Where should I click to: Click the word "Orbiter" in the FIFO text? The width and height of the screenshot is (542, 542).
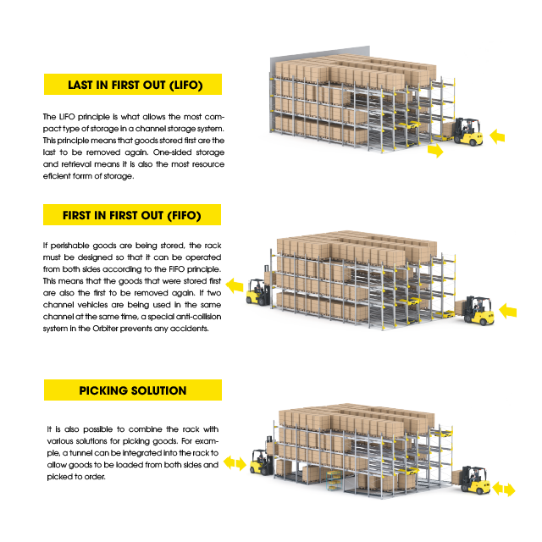[x=105, y=329]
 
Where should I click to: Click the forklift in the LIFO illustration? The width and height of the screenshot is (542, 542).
[x=467, y=132]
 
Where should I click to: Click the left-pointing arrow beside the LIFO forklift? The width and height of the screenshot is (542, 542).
[x=497, y=136]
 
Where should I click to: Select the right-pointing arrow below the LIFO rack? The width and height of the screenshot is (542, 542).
[x=435, y=151]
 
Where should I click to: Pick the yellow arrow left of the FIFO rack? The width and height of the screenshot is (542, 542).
[x=235, y=285]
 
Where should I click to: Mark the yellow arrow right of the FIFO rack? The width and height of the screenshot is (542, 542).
[x=508, y=311]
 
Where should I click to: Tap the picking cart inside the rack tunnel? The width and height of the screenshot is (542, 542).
[x=334, y=480]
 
